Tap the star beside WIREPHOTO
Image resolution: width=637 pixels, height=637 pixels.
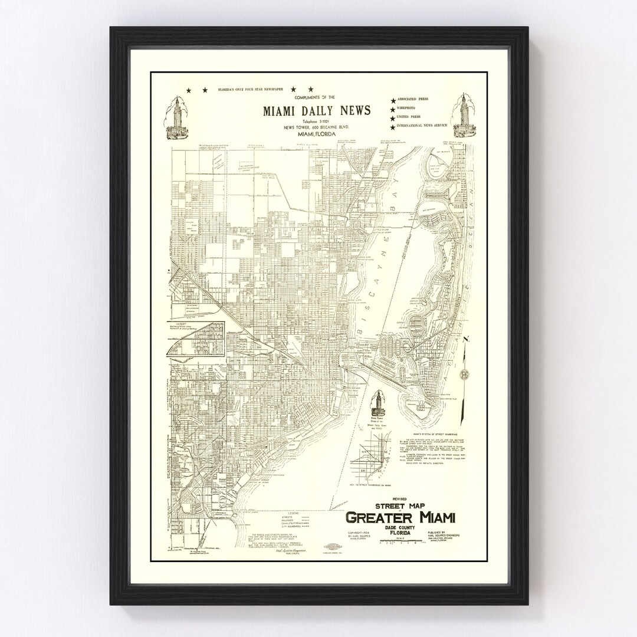tap(392, 109)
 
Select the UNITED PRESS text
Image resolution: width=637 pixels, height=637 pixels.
tap(412, 117)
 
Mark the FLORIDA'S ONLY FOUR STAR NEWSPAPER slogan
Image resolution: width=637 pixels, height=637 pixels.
tap(255, 90)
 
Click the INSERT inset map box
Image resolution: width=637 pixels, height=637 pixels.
tap(196, 339)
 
